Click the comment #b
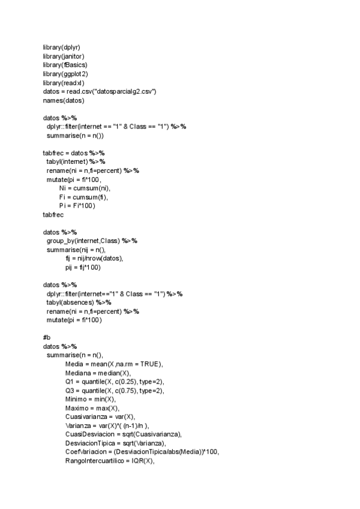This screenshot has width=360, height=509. coord(47,338)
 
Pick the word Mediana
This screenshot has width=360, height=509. coord(79,373)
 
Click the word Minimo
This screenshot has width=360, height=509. coord(77,400)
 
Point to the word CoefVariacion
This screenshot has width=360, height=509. coord(86,453)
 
